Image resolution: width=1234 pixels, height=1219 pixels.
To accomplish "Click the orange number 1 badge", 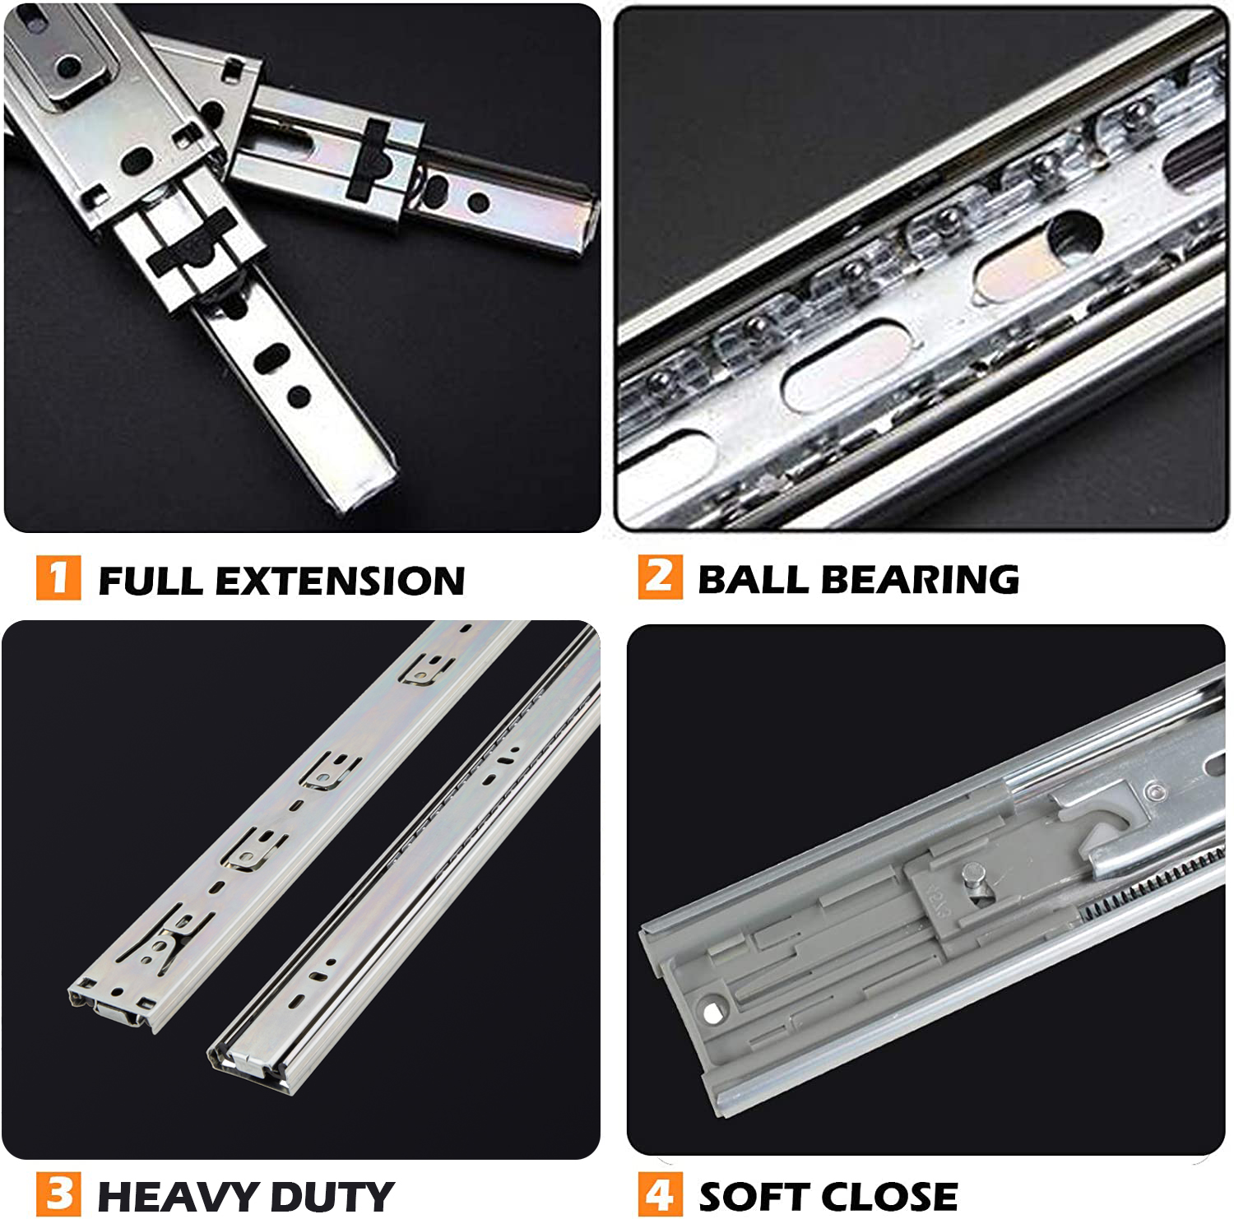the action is pyautogui.click(x=58, y=577).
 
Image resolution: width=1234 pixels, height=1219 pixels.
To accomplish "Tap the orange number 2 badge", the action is pyautogui.click(x=660, y=577).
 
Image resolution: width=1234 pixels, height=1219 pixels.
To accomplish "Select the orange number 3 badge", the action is pyautogui.click(x=58, y=1194).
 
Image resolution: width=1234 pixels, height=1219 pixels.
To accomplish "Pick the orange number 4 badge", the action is pyautogui.click(x=660, y=1194).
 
